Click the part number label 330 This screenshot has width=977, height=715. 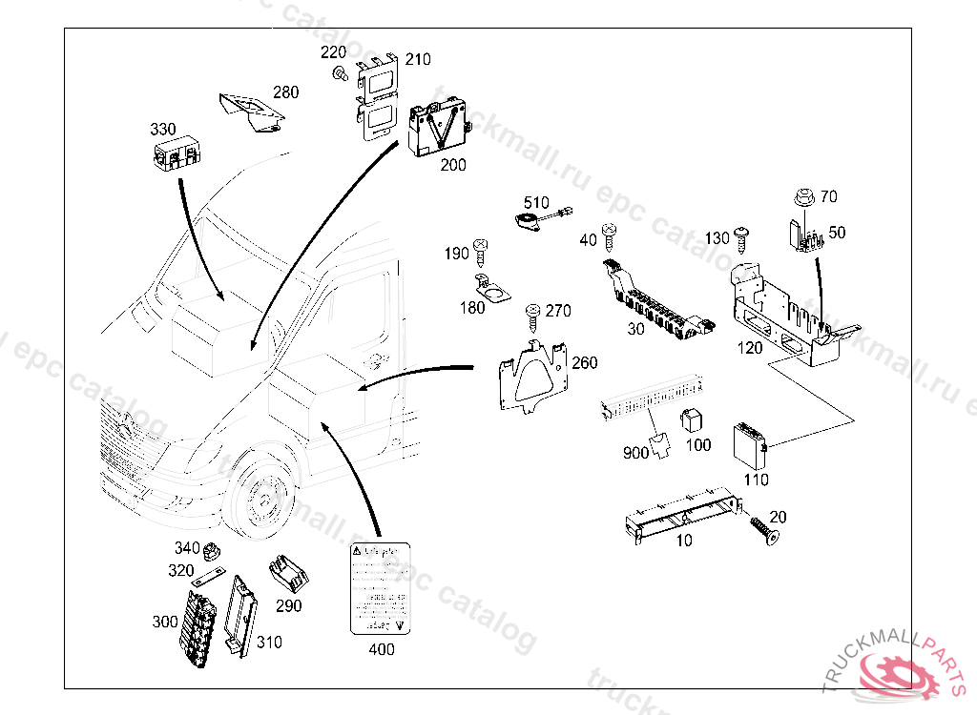pos(162,129)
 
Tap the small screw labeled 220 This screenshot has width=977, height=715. pos(339,73)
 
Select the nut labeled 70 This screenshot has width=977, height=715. pos(800,199)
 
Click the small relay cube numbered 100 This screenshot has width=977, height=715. pos(691,421)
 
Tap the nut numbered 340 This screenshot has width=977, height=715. pos(212,550)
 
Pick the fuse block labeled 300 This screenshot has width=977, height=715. pos(201,625)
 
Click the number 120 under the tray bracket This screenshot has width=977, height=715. pos(750,348)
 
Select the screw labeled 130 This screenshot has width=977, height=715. pos(742,235)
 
